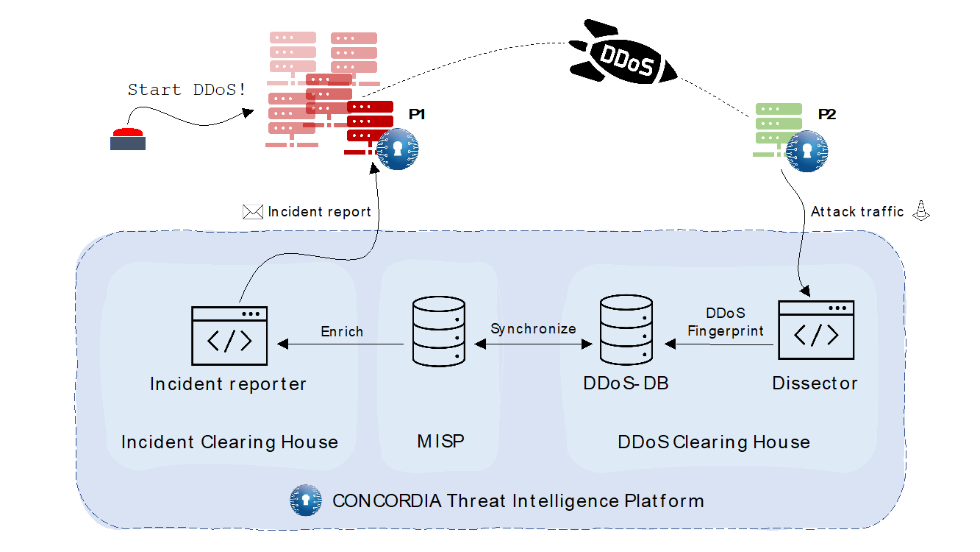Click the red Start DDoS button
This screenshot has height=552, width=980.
coord(128,138)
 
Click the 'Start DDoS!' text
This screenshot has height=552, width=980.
coord(187,90)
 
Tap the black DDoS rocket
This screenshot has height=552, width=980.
coord(624,57)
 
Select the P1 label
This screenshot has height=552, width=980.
coord(417,115)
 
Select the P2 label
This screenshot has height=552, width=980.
coord(827,115)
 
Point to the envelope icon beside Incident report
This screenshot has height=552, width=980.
coord(252,212)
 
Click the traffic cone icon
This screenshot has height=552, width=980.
coord(920,210)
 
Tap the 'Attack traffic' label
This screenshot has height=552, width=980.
coord(857,212)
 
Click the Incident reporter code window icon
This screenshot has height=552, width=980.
coord(229,336)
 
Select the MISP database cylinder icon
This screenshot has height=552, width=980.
coord(439,330)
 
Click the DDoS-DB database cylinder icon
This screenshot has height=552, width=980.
coord(626,330)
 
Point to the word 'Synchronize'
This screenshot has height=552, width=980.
coord(533,328)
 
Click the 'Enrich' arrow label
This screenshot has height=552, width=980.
coord(342,331)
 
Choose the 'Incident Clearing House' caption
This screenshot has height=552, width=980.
coord(229,442)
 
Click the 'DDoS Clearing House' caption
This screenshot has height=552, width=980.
coord(714,442)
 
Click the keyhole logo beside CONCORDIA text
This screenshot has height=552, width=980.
coord(306,500)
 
